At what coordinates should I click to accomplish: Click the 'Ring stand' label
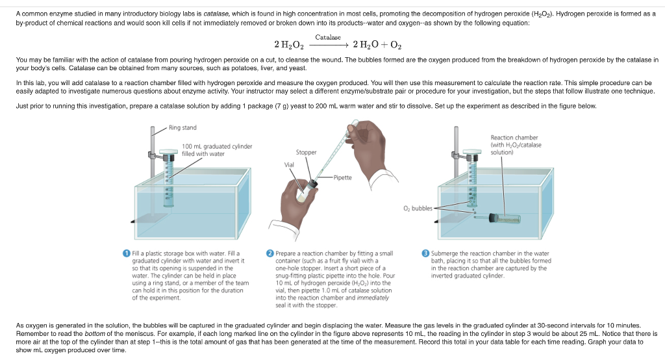(x=182, y=127)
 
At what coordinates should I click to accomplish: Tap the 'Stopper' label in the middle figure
(x=307, y=153)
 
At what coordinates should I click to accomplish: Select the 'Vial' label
(x=289, y=164)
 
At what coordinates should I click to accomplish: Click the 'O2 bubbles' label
(x=418, y=209)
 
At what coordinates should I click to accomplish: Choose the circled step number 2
(x=270, y=253)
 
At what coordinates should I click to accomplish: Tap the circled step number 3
(x=425, y=253)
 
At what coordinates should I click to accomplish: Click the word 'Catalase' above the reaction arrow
(x=328, y=38)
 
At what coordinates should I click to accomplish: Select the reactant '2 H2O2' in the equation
(x=289, y=45)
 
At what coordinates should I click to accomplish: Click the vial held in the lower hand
(x=305, y=190)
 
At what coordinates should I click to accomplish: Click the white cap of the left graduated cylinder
(x=169, y=151)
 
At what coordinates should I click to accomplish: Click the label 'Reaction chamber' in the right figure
(x=514, y=138)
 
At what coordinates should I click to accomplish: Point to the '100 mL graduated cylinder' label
(x=217, y=146)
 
